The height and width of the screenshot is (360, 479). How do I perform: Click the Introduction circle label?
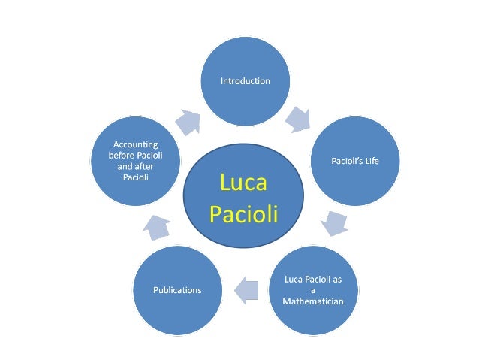tap(245, 81)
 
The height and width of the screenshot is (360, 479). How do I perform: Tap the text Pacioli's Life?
tap(355, 160)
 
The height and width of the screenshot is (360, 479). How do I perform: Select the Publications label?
tap(177, 290)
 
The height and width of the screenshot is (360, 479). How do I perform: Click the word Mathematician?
tap(313, 301)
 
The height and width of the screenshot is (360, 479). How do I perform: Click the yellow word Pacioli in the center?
tap(243, 215)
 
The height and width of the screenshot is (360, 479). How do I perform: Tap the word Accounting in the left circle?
tap(136, 143)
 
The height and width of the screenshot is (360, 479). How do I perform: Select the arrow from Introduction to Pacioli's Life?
tap(298, 118)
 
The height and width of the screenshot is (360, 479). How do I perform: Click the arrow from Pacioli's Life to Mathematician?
tap(333, 224)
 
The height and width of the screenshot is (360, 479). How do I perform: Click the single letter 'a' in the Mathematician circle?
tap(312, 290)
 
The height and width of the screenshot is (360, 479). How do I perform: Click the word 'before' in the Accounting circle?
tap(122, 154)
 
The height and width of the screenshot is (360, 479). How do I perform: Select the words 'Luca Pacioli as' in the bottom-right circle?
tap(313, 280)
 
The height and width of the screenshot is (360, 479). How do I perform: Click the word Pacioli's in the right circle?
tap(347, 160)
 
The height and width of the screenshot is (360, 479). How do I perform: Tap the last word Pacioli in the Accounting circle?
tap(136, 177)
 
